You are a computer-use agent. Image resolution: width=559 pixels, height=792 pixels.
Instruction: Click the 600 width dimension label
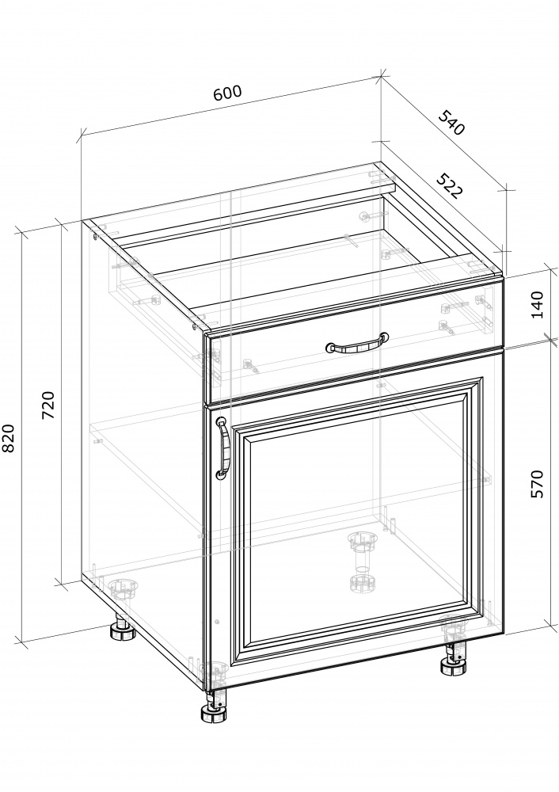click(x=228, y=93)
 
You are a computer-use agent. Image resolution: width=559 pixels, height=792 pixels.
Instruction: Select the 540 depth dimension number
click(x=451, y=122)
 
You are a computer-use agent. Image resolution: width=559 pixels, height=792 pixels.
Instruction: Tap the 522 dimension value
click(x=449, y=186)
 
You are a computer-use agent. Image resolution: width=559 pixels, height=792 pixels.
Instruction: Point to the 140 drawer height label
click(x=538, y=304)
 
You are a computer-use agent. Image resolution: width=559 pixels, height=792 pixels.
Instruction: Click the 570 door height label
click(x=538, y=484)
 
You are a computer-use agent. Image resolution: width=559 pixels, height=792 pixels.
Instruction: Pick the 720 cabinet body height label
click(x=48, y=405)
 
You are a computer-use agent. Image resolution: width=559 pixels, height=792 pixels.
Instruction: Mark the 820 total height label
click(x=9, y=438)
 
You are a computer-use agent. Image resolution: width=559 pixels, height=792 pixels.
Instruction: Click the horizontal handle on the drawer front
click(x=357, y=344)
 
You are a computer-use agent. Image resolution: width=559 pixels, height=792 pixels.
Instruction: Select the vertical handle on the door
click(x=222, y=447)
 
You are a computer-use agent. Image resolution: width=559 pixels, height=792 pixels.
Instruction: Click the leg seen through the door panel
click(x=362, y=561)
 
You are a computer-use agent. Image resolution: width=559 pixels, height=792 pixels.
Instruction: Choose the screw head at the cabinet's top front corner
click(x=196, y=326)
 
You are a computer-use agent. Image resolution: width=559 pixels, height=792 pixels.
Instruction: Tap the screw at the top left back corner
click(x=96, y=235)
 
